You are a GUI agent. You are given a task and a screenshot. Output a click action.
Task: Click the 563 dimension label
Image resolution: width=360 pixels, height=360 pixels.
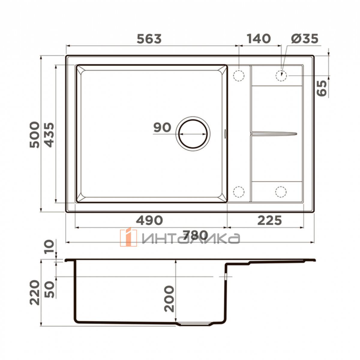(x=149, y=39)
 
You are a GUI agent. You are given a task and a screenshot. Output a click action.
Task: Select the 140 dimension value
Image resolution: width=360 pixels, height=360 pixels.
(x=259, y=39)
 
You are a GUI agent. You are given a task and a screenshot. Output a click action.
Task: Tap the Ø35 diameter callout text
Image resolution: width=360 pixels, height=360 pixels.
(x=304, y=39)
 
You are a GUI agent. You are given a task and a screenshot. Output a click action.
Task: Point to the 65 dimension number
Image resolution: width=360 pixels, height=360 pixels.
(x=322, y=88)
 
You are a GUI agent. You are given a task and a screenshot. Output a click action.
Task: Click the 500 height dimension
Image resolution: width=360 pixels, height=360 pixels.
(x=34, y=135)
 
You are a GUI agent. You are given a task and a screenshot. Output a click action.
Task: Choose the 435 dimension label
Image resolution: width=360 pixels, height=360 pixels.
(x=49, y=135)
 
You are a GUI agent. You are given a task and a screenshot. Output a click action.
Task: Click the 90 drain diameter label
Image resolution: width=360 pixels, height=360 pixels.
(x=162, y=127)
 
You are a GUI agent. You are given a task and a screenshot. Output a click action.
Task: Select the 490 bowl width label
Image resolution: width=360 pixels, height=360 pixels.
(x=149, y=220)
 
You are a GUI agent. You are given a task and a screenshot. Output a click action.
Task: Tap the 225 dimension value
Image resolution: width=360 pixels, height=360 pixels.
(x=269, y=220)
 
